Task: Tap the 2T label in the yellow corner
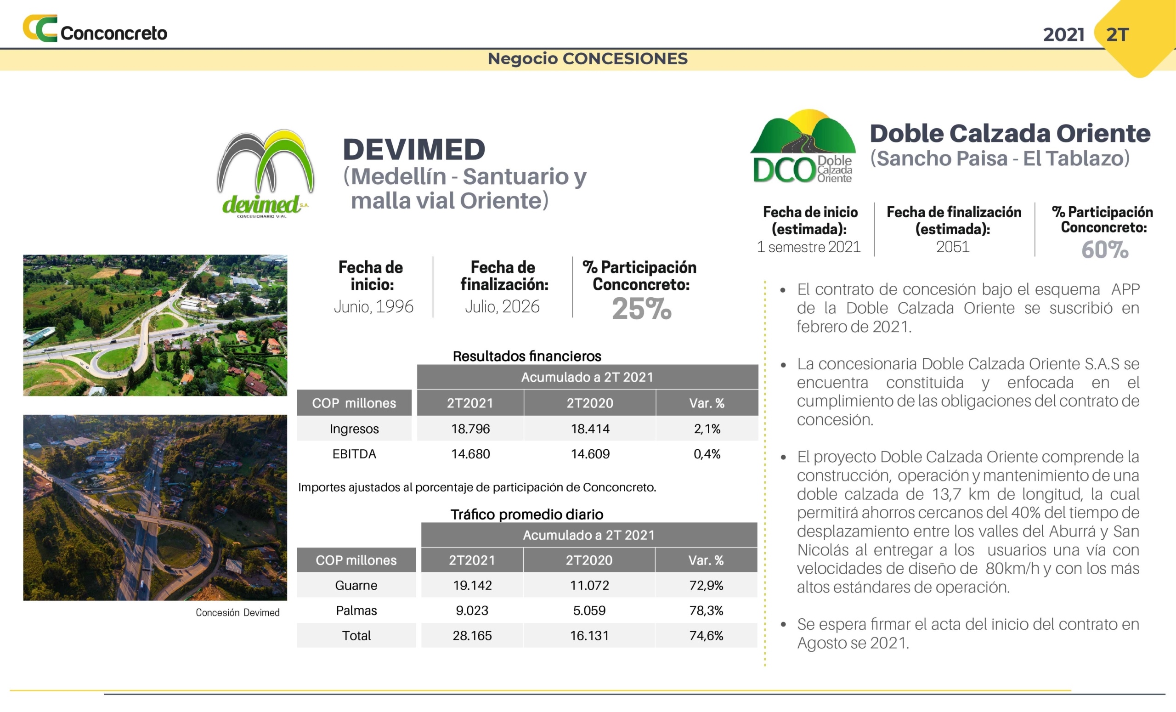[x=1117, y=35]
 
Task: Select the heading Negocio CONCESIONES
[x=588, y=59]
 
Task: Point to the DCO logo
[x=803, y=146]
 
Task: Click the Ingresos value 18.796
[x=470, y=429]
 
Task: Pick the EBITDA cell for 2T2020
[x=590, y=454]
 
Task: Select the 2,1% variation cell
[x=707, y=429]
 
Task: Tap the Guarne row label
[x=356, y=586]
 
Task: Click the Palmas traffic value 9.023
[x=472, y=610]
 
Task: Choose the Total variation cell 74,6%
[x=707, y=636]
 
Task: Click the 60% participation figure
[x=1105, y=249]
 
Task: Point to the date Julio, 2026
[x=503, y=306]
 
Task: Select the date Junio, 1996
[x=374, y=306]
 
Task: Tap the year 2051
[x=953, y=247]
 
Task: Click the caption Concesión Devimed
[x=237, y=612]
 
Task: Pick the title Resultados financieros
[x=527, y=356]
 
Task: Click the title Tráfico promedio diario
[x=527, y=514]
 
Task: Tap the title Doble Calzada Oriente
[x=1010, y=133]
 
